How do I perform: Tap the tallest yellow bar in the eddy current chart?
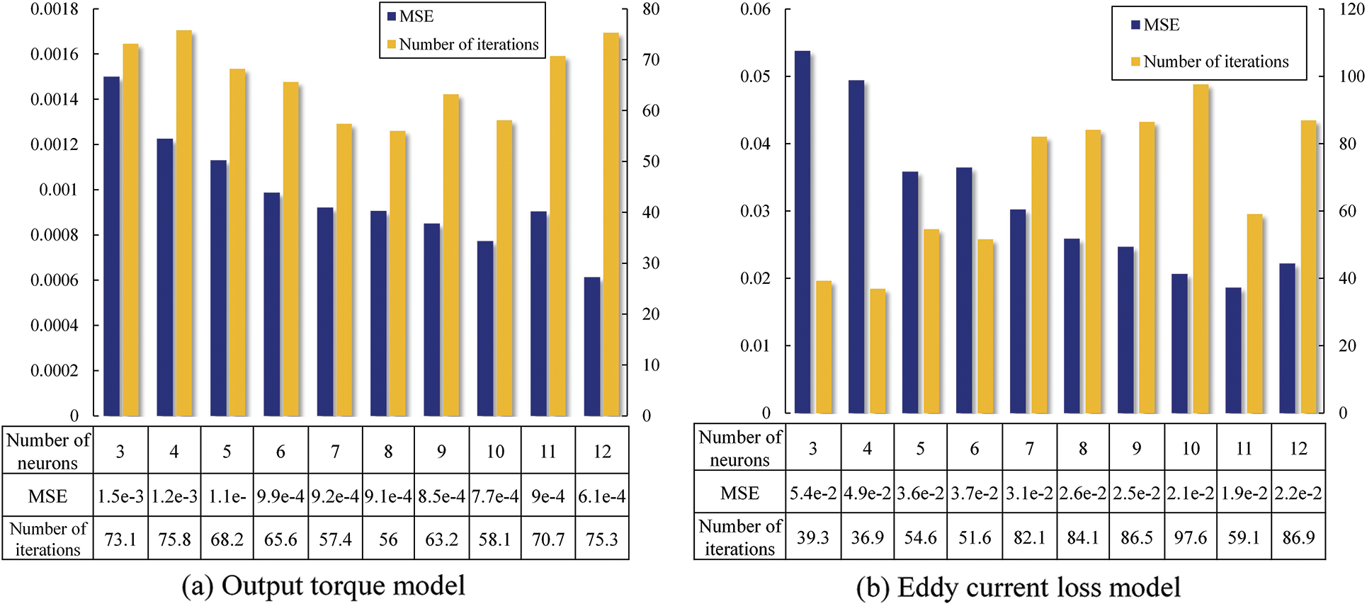click(x=1201, y=248)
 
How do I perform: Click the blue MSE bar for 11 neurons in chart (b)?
click(x=1233, y=350)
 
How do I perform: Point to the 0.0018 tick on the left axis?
click(x=55, y=9)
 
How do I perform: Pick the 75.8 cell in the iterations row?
click(x=174, y=539)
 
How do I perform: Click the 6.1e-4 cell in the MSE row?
click(x=602, y=496)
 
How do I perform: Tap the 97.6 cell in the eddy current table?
click(x=1191, y=537)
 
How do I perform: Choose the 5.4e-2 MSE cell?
click(x=813, y=493)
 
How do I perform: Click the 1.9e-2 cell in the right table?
click(x=1244, y=493)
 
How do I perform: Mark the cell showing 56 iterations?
click(x=388, y=539)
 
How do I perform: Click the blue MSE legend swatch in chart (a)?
click(x=391, y=17)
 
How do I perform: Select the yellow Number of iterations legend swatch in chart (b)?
click(x=1135, y=62)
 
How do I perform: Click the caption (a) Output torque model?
click(x=324, y=586)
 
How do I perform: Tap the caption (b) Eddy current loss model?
click(x=1019, y=588)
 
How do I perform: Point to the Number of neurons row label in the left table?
click(x=47, y=451)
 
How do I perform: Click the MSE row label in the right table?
click(x=739, y=493)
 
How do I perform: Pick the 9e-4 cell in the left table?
click(x=548, y=496)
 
